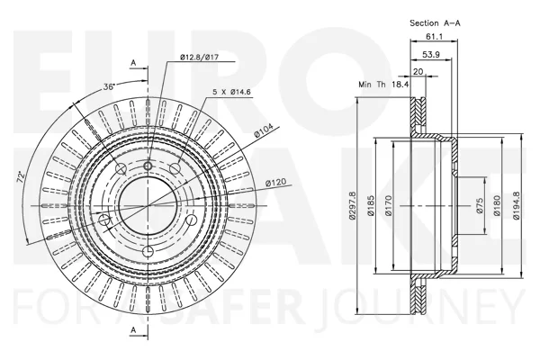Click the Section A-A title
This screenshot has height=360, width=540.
point(435,23)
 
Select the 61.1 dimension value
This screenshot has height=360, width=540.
point(435,36)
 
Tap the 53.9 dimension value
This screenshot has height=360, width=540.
point(431,54)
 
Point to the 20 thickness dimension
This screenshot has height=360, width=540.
point(418,72)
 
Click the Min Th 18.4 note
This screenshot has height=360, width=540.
point(383,84)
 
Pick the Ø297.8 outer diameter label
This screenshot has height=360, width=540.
point(352,206)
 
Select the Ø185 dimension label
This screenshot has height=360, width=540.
point(370,206)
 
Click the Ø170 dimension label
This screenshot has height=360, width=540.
point(389,206)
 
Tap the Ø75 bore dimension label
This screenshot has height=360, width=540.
point(481,206)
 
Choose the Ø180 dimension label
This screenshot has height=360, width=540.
point(496,206)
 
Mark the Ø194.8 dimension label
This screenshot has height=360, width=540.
point(516,206)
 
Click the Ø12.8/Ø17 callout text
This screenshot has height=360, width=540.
point(200,58)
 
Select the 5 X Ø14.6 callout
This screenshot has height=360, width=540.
point(231,92)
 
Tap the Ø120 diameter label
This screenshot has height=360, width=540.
point(276,182)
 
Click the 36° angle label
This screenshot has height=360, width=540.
point(109,86)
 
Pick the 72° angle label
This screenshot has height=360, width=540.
point(22,176)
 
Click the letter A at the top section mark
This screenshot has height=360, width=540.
point(133,63)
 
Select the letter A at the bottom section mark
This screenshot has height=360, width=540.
point(133,330)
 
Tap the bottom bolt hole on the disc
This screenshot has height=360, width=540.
point(148,251)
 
